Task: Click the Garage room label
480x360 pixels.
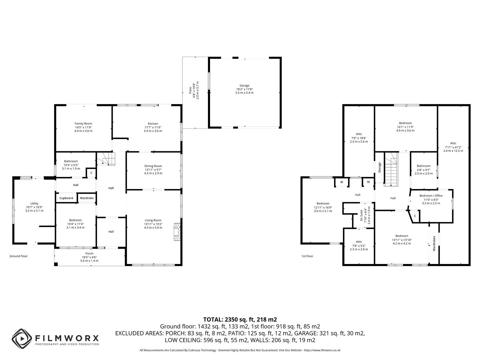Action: pos(244,86)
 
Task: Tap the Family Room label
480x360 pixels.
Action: pos(83,124)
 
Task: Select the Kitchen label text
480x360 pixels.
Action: pos(153,124)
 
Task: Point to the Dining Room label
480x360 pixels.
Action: pos(153,166)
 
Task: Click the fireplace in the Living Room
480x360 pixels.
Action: pos(176,232)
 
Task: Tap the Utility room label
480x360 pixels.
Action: pos(34,203)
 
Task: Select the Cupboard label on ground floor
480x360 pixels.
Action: pos(66,198)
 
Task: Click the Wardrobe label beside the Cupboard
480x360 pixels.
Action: pos(87,198)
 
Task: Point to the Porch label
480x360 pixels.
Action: pos(89,253)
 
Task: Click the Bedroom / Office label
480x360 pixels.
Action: pos(431,196)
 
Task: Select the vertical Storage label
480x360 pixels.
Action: pos(379,167)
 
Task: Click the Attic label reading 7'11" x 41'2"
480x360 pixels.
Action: pos(453,143)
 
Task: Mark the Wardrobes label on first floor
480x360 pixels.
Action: pos(434,243)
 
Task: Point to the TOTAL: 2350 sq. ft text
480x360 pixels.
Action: pos(240,319)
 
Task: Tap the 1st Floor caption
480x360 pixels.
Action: pos(307,256)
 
